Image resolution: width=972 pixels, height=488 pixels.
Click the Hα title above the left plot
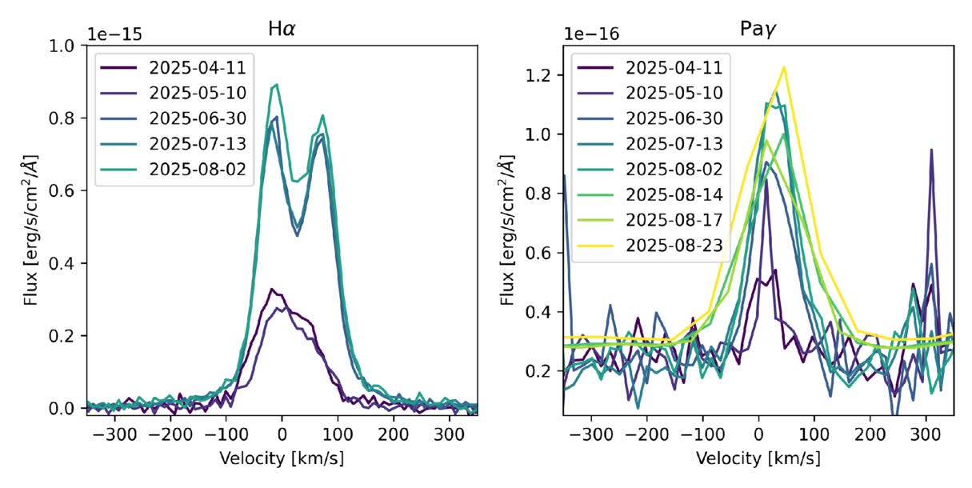281,29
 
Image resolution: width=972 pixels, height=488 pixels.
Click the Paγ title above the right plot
758,29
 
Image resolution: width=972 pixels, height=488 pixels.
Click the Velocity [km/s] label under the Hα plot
281,459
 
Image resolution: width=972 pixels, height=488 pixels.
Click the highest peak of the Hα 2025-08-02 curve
276,84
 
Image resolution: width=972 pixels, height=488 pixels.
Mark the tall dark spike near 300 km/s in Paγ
931,150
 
